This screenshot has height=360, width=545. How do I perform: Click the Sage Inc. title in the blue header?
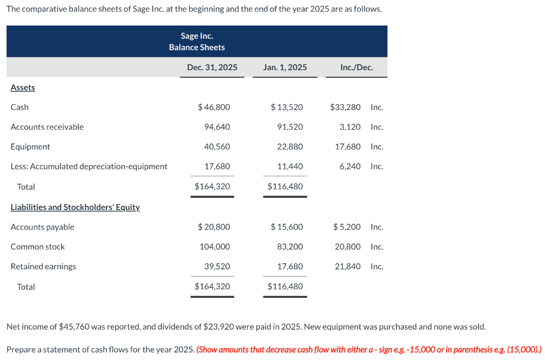[197, 36]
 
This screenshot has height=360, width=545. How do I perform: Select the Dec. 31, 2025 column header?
[212, 68]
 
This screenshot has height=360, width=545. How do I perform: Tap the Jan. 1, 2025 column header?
[285, 68]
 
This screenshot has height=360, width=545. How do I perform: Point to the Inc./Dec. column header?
[356, 68]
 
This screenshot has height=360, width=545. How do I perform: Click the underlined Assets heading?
[23, 87]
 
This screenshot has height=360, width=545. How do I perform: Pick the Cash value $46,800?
[214, 107]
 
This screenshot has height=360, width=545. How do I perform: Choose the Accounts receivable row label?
[47, 127]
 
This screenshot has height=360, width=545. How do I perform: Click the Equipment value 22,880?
[290, 147]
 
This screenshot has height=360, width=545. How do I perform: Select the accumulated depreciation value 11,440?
[290, 166]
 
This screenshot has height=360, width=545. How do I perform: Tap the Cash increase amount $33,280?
[345, 107]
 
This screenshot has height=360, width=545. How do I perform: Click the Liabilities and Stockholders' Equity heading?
[75, 207]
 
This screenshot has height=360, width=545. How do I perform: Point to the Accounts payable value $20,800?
[214, 227]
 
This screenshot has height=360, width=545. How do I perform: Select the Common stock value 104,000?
[215, 247]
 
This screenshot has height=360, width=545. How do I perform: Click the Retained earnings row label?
[43, 266]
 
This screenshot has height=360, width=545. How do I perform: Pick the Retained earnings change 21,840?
[348, 266]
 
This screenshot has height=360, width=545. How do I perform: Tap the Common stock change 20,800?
[348, 247]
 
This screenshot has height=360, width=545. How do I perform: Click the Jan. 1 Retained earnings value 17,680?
[290, 266]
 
